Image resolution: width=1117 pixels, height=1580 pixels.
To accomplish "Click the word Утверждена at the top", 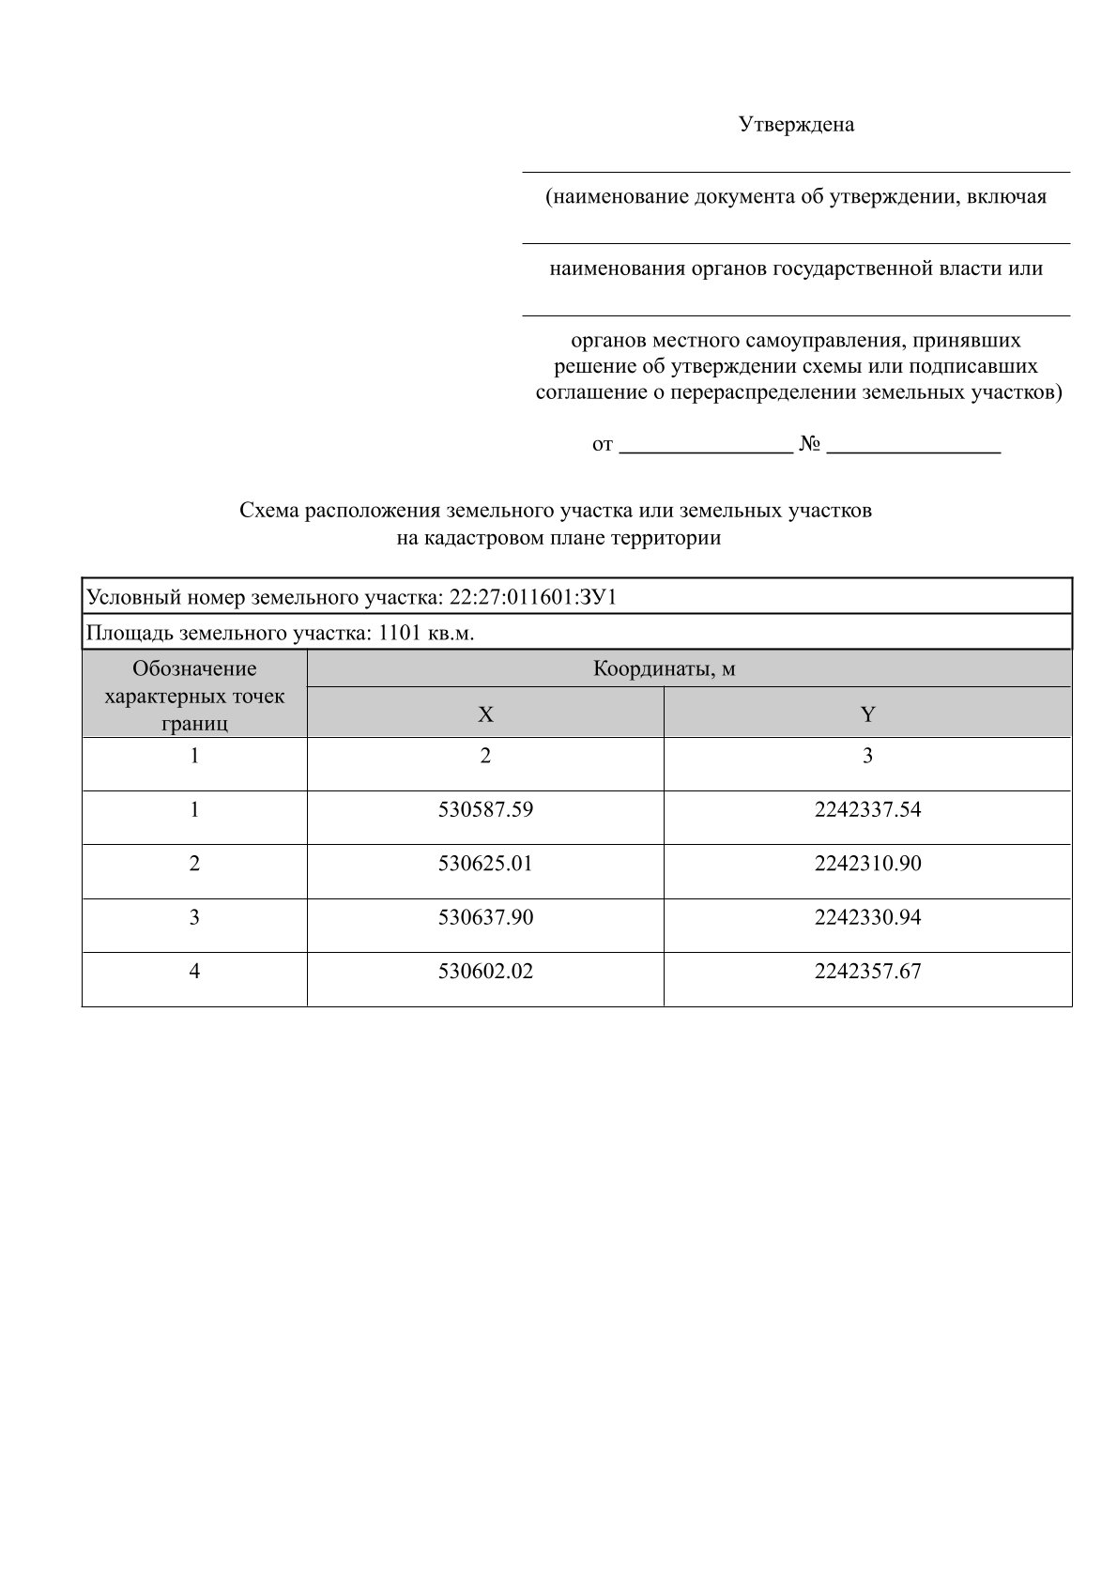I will click(x=796, y=125).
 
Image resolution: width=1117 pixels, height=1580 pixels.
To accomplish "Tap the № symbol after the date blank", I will click(x=810, y=444).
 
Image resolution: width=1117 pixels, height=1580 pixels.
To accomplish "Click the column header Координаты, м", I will click(x=663, y=669).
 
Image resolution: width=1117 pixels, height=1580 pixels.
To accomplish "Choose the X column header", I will click(x=485, y=714).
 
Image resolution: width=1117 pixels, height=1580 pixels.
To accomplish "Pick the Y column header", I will click(x=867, y=714).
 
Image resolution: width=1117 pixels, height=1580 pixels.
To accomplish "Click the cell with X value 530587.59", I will click(x=485, y=809).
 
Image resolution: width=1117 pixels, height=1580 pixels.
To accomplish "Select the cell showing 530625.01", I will click(x=485, y=863).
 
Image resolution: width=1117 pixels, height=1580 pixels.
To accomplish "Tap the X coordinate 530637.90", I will click(x=485, y=917).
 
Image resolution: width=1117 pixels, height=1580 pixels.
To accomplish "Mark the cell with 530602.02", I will click(x=485, y=972).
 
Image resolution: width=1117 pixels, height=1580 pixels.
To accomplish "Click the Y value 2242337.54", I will click(x=867, y=809).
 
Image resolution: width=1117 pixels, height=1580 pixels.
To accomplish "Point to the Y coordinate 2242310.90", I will click(x=867, y=863).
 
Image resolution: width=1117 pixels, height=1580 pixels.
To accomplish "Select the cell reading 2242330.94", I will click(x=867, y=917).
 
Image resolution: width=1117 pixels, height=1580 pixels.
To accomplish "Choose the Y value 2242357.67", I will click(x=867, y=972).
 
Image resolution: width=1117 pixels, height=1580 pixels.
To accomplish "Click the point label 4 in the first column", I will click(x=194, y=972).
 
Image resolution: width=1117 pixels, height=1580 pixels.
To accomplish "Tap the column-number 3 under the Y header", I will click(x=867, y=756).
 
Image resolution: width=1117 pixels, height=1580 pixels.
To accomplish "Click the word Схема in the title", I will click(x=269, y=511).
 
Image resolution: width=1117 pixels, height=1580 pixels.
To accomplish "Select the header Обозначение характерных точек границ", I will click(x=194, y=696).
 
